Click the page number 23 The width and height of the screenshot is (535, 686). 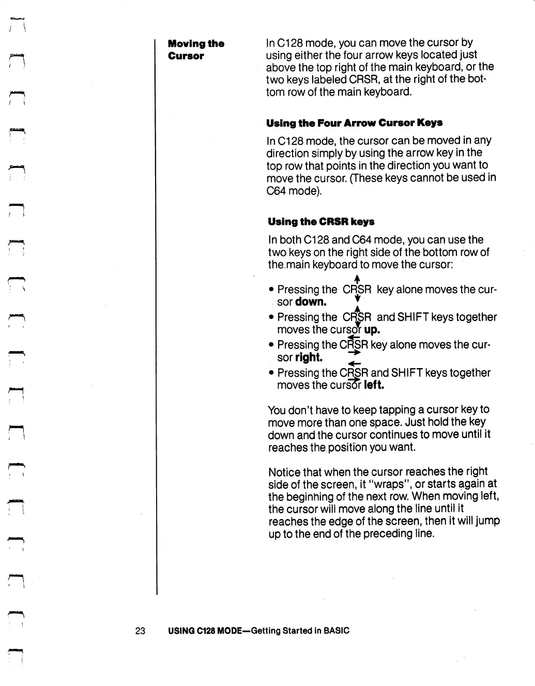(140, 631)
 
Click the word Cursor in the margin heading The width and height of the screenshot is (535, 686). (186, 56)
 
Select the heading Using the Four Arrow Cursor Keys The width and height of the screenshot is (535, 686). (354, 123)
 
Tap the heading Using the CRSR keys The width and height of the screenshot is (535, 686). (321, 222)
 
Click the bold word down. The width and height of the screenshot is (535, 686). (311, 302)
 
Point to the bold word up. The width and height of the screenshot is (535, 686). (372, 330)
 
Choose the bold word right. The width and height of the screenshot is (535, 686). (309, 358)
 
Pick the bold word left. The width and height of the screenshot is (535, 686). (374, 385)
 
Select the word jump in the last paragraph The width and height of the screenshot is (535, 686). (488, 521)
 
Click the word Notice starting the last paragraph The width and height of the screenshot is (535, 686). (284, 472)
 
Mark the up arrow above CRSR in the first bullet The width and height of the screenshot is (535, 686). (357, 280)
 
